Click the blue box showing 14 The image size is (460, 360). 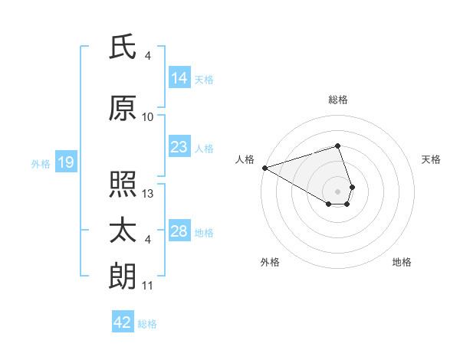tap(179, 78)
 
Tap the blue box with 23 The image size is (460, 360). tap(179, 147)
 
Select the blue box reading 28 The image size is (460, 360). tap(179, 231)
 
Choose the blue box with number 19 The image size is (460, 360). tap(65, 162)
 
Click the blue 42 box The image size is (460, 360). tap(123, 322)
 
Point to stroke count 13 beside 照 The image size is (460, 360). tap(148, 194)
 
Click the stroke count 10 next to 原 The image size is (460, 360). tap(148, 117)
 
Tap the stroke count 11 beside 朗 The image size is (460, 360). tap(148, 286)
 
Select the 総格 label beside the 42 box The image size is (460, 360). tap(147, 324)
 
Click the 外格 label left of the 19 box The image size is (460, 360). tap(40, 163)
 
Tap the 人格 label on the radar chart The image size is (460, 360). tap(245, 159)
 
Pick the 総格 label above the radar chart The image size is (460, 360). tap(337, 100)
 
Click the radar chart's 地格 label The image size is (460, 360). tap(402, 262)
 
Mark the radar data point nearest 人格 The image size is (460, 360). tap(264, 167)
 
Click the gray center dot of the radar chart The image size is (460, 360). tap(337, 191)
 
